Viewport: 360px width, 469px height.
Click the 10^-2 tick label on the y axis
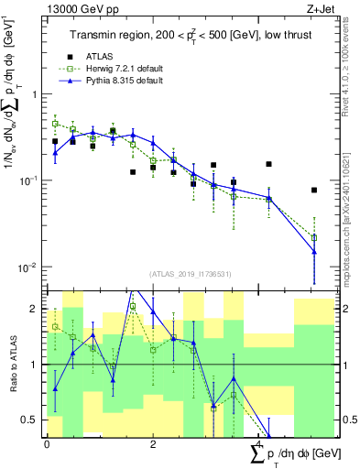(29, 267)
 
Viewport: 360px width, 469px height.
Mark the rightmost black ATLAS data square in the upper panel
(314, 191)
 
